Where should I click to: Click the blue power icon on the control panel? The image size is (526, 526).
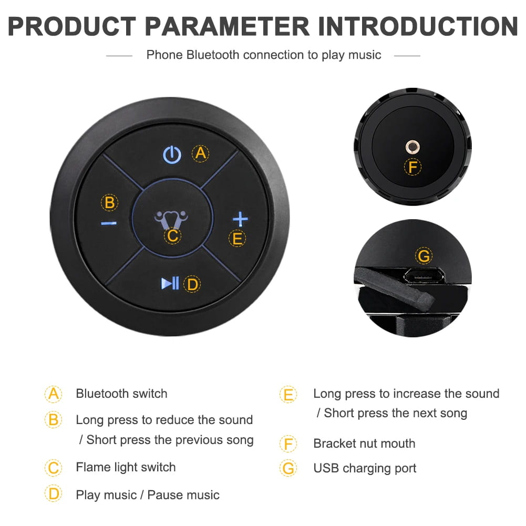point(172,154)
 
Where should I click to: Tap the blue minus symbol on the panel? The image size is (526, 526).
point(109,223)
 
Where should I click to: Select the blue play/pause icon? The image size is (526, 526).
point(170,284)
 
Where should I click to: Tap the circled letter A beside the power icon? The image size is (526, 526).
point(200,153)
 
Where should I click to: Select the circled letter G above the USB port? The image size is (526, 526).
point(423,256)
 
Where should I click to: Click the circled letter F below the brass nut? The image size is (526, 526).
point(413,168)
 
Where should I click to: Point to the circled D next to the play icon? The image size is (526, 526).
point(192,284)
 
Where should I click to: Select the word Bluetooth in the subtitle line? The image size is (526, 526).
point(213,55)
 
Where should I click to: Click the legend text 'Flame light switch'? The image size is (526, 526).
point(126,467)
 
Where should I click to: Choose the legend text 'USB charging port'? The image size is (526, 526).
point(365,468)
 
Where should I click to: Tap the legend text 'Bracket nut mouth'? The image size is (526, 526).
point(364,444)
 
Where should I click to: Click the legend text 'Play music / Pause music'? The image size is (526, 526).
point(148,494)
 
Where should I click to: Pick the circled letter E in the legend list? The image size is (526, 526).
point(288,394)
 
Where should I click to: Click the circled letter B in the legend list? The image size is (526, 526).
point(53,420)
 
